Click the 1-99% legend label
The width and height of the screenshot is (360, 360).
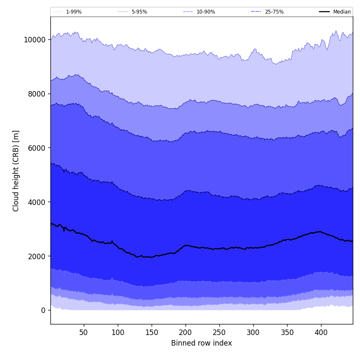[x=74, y=12]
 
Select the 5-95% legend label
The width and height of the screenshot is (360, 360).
[x=139, y=12]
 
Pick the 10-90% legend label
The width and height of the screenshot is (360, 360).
[x=206, y=12]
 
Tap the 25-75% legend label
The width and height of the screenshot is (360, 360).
[x=274, y=12]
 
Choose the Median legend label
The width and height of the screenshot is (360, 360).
[x=342, y=12]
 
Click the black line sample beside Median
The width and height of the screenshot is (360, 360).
[x=325, y=12]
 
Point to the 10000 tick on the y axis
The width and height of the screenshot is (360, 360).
[x=34, y=39]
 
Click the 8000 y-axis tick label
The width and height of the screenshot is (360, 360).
[x=36, y=94]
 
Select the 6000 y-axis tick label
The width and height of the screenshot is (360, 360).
[x=36, y=148]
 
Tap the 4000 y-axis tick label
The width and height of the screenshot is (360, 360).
[x=36, y=202]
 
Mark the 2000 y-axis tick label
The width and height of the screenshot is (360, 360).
[x=36, y=256]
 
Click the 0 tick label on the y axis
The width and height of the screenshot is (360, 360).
[x=43, y=310]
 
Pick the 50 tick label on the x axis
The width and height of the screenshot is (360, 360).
[x=84, y=332]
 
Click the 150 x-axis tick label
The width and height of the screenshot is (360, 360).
[x=152, y=332]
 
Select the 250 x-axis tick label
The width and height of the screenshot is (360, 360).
[x=219, y=332]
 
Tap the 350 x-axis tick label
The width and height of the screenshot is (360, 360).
[x=287, y=332]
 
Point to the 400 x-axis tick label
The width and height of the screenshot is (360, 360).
[x=321, y=332]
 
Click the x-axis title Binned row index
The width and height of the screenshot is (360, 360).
[x=202, y=343]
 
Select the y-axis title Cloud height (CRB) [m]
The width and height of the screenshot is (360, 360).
[x=17, y=171]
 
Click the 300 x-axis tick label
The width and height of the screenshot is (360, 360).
[x=253, y=332]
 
